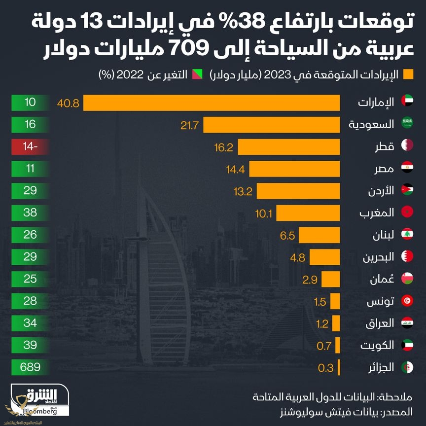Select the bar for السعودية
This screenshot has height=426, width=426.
pyautogui.click(x=271, y=125)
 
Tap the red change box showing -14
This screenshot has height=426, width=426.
pyautogui.click(x=30, y=146)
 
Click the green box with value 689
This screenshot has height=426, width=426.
pyautogui.click(x=30, y=367)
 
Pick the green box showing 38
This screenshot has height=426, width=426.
pyautogui.click(x=30, y=213)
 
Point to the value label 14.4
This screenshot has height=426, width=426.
pyautogui.click(x=236, y=169)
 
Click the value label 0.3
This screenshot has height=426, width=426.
pyautogui.click(x=325, y=368)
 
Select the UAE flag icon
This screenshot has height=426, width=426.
pyautogui.click(x=407, y=102)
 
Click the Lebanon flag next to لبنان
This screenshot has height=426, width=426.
pyautogui.click(x=407, y=235)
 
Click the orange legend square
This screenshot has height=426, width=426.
pyautogui.click(x=408, y=75)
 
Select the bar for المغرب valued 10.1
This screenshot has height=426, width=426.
pyautogui.click(x=308, y=213)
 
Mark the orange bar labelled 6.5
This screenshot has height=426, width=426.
pyautogui.click(x=319, y=235)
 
